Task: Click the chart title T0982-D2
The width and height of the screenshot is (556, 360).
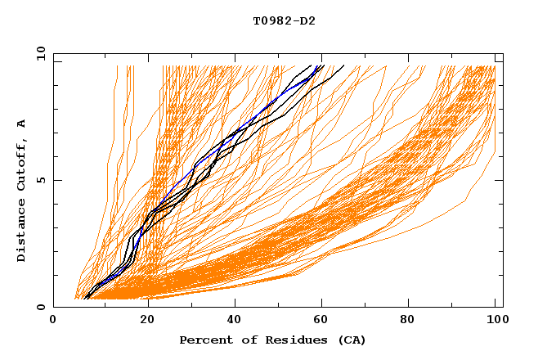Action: pos(284,20)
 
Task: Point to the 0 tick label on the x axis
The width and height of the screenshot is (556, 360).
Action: pos(53,321)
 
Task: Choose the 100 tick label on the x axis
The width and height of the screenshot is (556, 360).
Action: pos(495,321)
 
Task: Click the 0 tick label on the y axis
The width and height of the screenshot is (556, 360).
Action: pos(40,308)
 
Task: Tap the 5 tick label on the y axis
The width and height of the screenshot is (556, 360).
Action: pos(40,180)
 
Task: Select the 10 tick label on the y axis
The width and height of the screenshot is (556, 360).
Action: pos(40,53)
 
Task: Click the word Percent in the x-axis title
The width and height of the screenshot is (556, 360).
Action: pos(204,340)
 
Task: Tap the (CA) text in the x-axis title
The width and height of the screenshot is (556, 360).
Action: pos(350,340)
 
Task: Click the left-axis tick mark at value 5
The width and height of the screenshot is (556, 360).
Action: pos(56,180)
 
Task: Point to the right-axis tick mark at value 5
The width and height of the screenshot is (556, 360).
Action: pos(500,180)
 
